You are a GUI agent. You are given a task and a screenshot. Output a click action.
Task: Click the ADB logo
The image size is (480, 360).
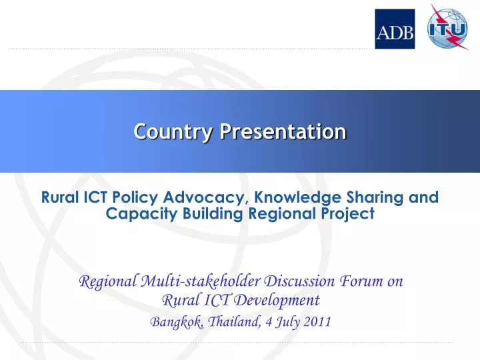395,29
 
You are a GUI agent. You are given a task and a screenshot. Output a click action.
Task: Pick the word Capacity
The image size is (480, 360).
133,213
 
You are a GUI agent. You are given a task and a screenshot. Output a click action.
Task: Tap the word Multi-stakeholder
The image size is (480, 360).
197,281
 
